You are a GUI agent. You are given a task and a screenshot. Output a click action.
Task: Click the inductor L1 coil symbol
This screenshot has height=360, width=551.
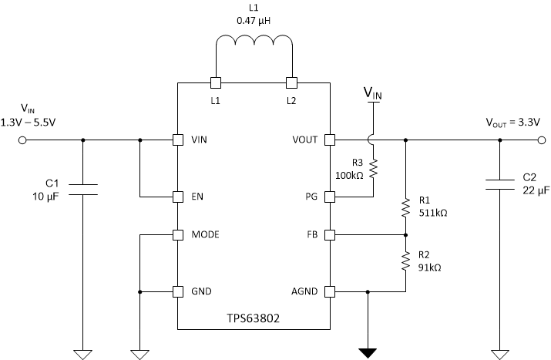[254, 48]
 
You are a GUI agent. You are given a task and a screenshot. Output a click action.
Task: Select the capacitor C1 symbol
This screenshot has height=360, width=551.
[82, 190]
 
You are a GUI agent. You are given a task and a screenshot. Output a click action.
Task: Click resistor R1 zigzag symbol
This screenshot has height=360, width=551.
[405, 207]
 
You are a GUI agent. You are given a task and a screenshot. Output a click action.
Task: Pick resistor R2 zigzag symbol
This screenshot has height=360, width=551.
[405, 262]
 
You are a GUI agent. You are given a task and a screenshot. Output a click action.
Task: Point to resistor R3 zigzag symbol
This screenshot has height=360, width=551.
[373, 168]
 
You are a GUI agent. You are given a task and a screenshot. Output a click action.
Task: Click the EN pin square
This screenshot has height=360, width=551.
[177, 197]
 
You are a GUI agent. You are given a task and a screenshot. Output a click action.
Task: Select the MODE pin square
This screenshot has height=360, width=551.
[177, 234]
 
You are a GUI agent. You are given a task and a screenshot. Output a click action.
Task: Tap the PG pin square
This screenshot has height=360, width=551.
[331, 197]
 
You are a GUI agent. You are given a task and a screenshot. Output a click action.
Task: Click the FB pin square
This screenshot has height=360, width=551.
[331, 234]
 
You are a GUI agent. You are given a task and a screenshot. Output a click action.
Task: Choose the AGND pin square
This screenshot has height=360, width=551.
[331, 292]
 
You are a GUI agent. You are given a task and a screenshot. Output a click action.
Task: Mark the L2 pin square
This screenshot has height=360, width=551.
[291, 82]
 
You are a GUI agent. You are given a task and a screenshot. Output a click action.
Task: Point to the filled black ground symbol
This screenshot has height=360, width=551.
[368, 353]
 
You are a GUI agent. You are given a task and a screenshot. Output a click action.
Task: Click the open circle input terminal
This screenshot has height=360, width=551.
[22, 140]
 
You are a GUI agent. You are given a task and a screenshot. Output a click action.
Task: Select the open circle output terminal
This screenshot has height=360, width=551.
[539, 140]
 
